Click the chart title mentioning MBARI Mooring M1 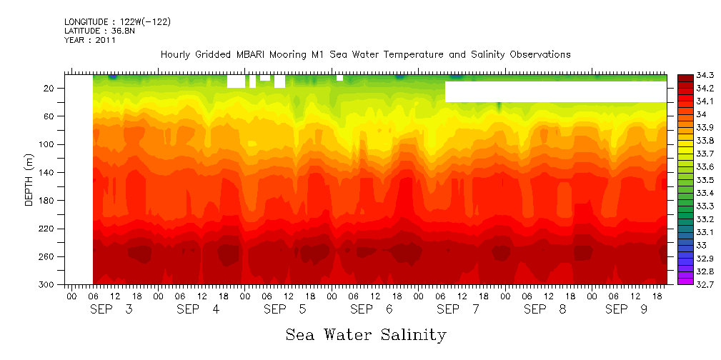coord(365,54)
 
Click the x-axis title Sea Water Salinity coord(366,334)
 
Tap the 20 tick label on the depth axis coord(50,88)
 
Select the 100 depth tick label coord(48,144)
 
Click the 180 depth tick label coord(48,201)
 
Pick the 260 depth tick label coord(48,256)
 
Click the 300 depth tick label coord(48,284)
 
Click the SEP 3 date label coord(110,309)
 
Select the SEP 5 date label coord(284,309)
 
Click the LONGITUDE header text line coord(117,22)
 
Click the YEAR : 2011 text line coord(90,41)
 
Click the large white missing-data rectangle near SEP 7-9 coord(555,91)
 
